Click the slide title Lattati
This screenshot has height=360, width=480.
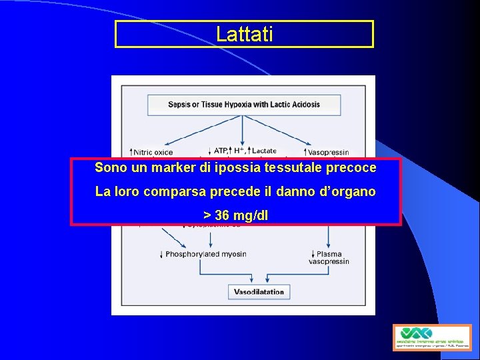click(x=244, y=34)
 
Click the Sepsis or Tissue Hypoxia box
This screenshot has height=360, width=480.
click(x=243, y=105)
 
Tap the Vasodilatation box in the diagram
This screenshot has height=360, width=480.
click(x=259, y=291)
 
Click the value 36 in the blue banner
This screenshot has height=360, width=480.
click(x=223, y=215)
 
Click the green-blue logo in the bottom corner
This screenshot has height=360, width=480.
click(x=431, y=337)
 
